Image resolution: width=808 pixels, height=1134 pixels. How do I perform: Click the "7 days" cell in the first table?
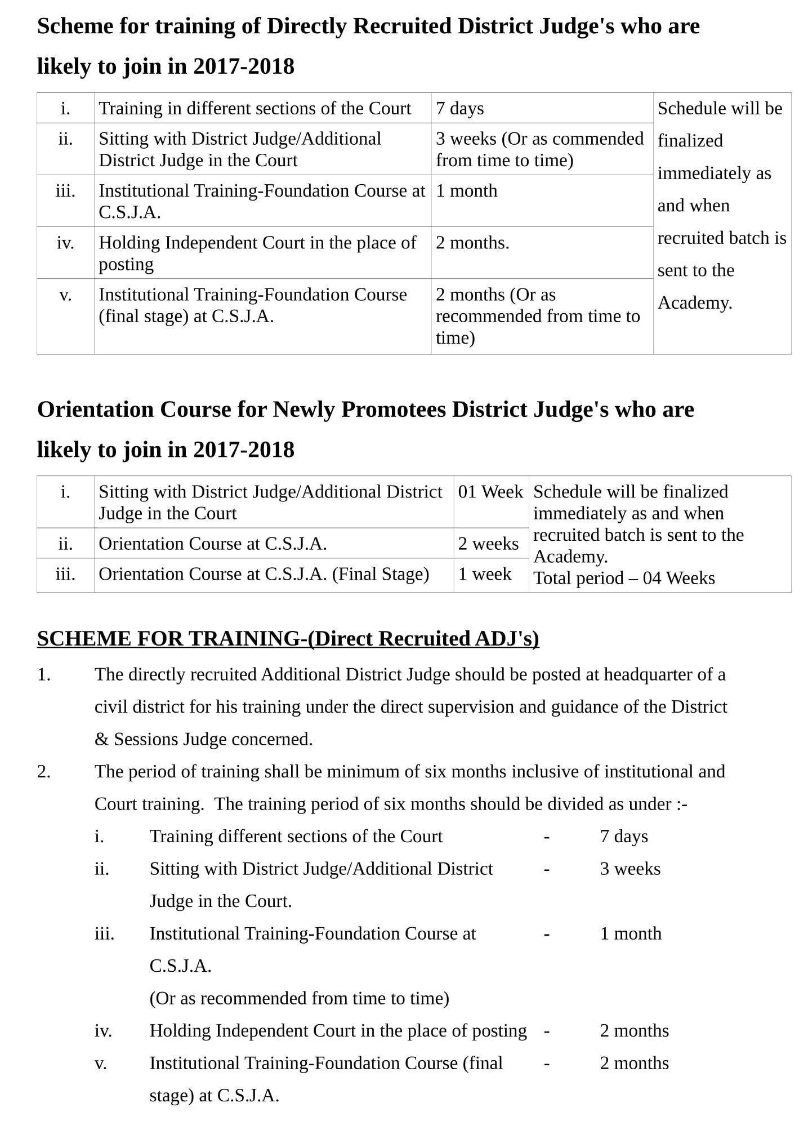pyautogui.click(x=460, y=109)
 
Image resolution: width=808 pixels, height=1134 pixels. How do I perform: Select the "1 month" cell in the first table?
pyautogui.click(x=467, y=191)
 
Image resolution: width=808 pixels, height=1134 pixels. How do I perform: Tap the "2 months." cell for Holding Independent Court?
pyautogui.click(x=472, y=243)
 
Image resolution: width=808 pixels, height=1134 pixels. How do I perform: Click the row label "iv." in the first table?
pyautogui.click(x=65, y=243)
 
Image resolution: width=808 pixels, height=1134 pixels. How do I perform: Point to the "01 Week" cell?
pyautogui.click(x=490, y=492)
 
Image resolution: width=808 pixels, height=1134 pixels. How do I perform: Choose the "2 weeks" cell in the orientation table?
pyautogui.click(x=488, y=544)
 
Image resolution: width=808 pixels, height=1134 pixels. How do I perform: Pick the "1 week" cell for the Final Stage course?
pyautogui.click(x=485, y=574)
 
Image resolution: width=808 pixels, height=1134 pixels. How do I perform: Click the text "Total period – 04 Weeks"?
pyautogui.click(x=624, y=578)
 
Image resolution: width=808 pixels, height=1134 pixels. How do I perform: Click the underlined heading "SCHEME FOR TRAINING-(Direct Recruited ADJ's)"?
pyautogui.click(x=288, y=638)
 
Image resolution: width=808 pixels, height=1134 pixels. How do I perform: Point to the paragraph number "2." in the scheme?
pyautogui.click(x=44, y=771)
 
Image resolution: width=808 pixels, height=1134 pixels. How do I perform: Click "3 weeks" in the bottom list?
pyautogui.click(x=630, y=869)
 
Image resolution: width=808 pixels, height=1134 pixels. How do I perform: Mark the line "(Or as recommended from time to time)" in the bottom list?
pyautogui.click(x=299, y=998)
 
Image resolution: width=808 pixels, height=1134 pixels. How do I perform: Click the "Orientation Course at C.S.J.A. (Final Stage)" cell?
pyautogui.click(x=264, y=574)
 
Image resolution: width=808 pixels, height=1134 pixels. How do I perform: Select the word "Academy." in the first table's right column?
pyautogui.click(x=695, y=303)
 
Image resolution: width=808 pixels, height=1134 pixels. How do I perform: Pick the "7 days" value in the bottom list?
pyautogui.click(x=624, y=837)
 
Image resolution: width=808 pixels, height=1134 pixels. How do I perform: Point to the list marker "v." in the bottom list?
pyautogui.click(x=100, y=1064)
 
